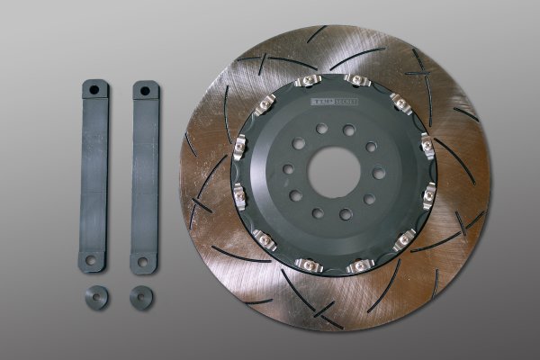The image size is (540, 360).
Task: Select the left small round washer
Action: pyautogui.click(x=96, y=297)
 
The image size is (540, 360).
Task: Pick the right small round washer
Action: pyautogui.click(x=140, y=296)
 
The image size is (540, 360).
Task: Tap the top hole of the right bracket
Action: pyautogui.click(x=146, y=91)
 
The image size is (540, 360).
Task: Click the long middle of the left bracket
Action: pyautogui.click(x=94, y=175)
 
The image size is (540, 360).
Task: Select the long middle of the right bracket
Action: pyautogui.click(x=144, y=175)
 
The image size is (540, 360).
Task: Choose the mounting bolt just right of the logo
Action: pyautogui.click(x=358, y=82)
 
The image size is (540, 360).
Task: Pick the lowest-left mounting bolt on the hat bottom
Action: pyautogui.click(x=264, y=239)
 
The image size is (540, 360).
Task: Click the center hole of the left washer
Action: pyautogui.click(x=96, y=296)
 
